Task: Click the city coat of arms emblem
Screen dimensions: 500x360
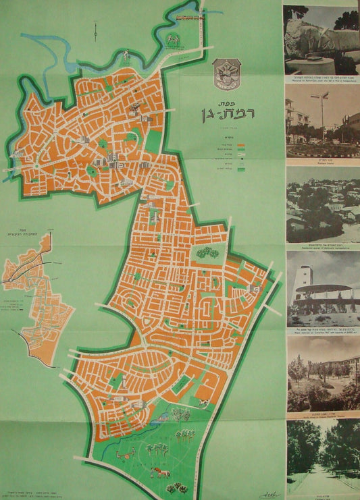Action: [223, 74]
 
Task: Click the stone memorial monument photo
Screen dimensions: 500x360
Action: [321, 40]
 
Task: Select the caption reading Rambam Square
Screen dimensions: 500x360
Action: [321, 162]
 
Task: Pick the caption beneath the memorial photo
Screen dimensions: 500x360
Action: [321, 79]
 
